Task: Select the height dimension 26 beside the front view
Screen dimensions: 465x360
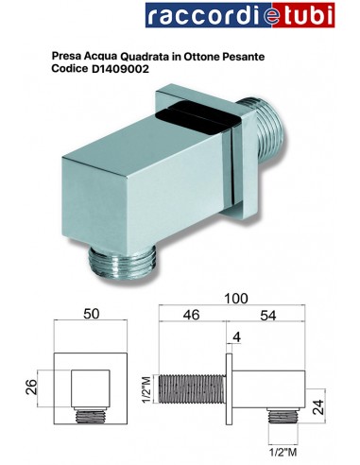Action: (x=30, y=386)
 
